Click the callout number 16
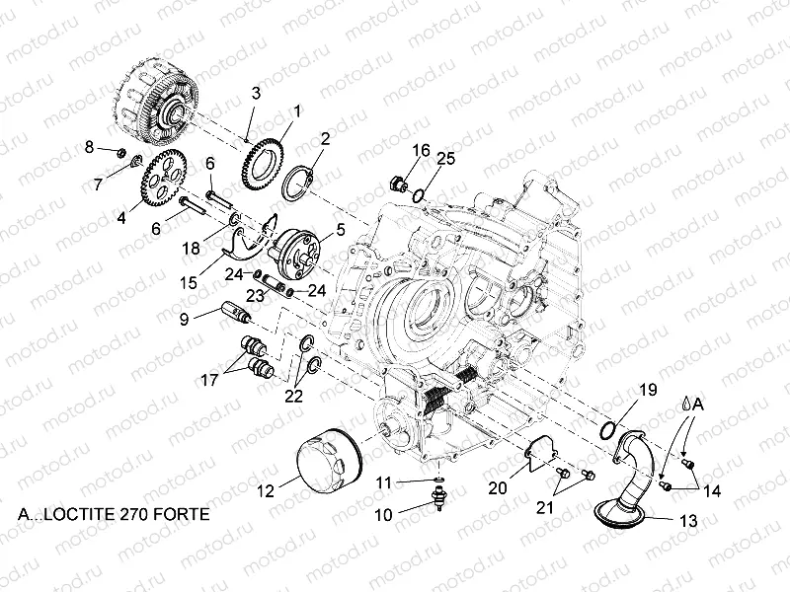(x=421, y=150)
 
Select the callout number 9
(x=184, y=318)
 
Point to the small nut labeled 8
(x=118, y=153)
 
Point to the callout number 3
(x=255, y=93)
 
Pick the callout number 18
(x=192, y=247)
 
